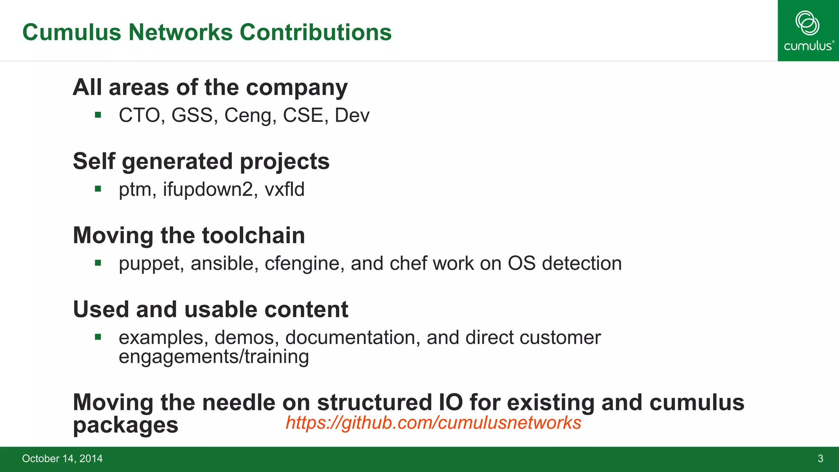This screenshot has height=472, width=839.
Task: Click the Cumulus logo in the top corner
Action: tap(808, 31)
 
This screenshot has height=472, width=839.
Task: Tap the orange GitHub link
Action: tap(433, 422)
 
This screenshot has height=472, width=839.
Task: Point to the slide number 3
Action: tap(820, 458)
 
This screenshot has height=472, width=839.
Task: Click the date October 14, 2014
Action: tap(62, 458)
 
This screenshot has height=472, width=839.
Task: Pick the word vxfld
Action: tap(284, 189)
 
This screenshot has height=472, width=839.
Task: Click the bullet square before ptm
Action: tap(98, 189)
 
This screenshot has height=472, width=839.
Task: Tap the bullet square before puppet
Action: tap(98, 263)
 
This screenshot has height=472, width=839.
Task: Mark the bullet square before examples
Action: tap(98, 337)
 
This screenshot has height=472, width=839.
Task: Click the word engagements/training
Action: tap(213, 356)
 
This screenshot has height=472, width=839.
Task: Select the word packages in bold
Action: tap(125, 425)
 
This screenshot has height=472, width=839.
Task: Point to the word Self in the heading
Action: tap(94, 161)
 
